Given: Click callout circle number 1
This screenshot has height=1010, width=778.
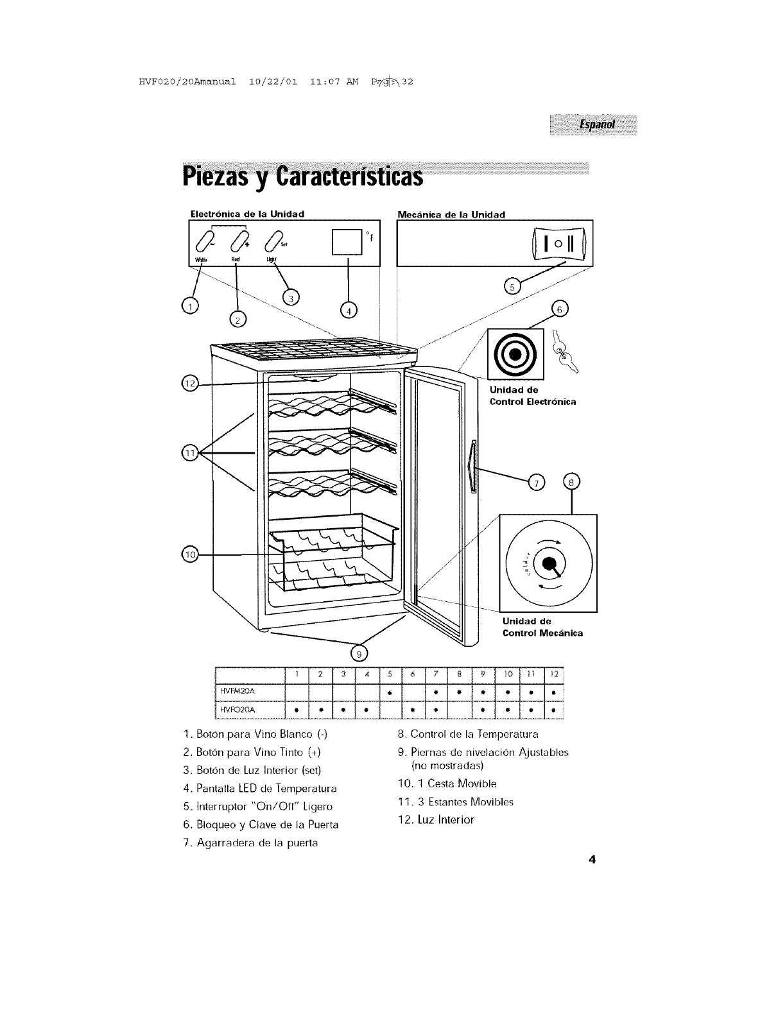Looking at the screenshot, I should [x=190, y=307].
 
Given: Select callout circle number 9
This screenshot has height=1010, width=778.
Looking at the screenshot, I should [x=359, y=653].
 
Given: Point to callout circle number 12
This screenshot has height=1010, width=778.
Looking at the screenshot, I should [x=191, y=384].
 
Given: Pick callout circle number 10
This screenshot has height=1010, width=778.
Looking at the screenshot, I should [x=190, y=554].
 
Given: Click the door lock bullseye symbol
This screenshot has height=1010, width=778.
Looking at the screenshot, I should [x=515, y=354].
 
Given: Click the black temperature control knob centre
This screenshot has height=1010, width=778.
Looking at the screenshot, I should [x=549, y=563].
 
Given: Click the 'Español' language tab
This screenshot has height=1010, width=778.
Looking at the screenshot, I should [x=596, y=124].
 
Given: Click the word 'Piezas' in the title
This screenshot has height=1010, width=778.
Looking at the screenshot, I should [x=218, y=175].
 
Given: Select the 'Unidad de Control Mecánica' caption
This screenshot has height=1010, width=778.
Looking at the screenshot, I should [x=542, y=627].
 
